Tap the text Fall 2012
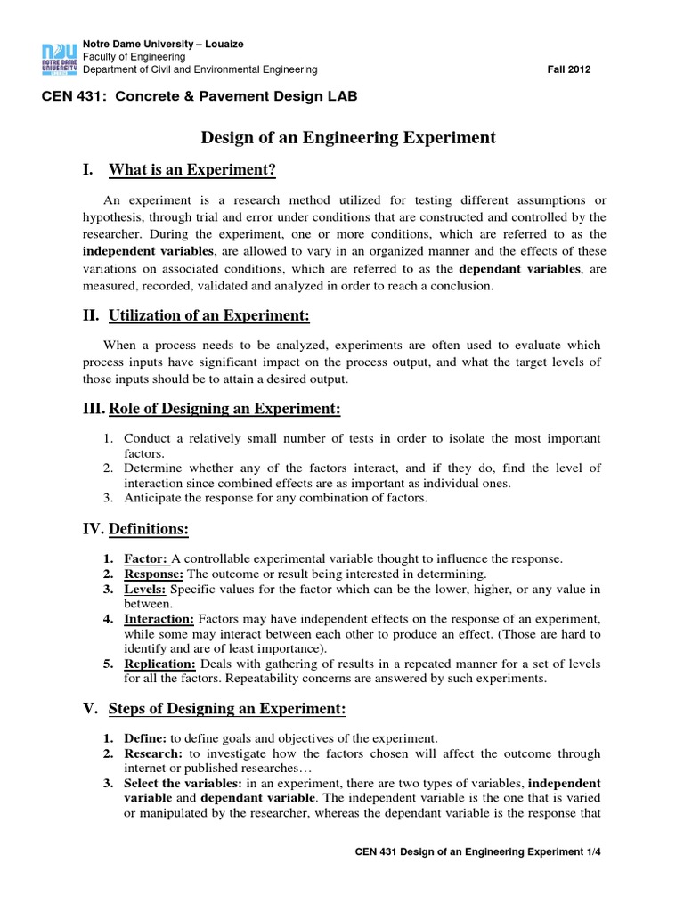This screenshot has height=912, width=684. [x=568, y=69]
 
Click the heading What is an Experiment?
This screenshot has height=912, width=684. [x=192, y=169]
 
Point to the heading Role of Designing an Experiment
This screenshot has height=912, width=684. [x=224, y=409]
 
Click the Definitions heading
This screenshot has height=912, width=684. [x=149, y=530]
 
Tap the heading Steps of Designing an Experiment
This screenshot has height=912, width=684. [x=227, y=709]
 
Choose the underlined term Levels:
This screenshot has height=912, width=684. [x=145, y=589]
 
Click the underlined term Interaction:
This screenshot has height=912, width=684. [x=159, y=618]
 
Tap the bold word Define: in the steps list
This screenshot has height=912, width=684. [x=145, y=738]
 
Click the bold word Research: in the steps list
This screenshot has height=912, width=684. [x=153, y=753]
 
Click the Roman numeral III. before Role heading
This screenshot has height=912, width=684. [x=92, y=409]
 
